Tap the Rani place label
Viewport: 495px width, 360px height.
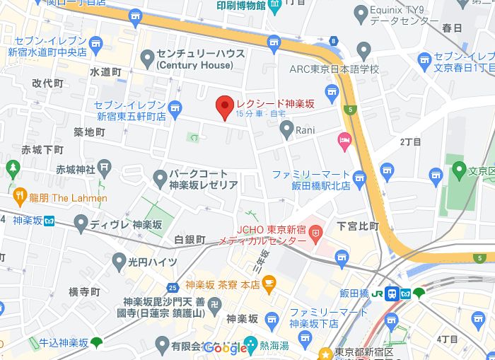tap(305, 129)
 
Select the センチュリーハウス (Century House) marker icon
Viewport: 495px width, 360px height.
tap(148, 57)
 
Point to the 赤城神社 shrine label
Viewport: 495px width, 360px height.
tap(76, 169)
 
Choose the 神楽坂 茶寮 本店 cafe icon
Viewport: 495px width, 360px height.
tap(269, 284)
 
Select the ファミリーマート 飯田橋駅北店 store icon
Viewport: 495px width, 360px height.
tap(360, 178)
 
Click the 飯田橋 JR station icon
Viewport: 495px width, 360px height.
tap(391, 293)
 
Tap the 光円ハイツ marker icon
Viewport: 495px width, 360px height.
tap(118, 262)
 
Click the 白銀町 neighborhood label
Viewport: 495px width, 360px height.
tap(190, 240)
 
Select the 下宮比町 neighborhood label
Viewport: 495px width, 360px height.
tap(358, 226)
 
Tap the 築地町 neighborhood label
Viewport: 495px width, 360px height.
tap(90, 132)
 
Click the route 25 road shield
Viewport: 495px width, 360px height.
tap(173, 287)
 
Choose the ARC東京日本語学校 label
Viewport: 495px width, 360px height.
tap(334, 69)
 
